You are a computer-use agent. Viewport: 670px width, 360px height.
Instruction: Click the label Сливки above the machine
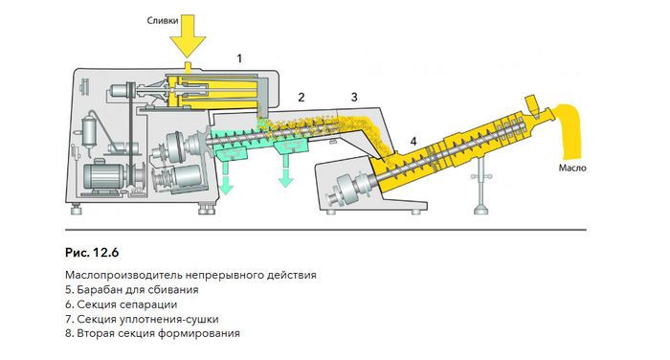tap(163, 20)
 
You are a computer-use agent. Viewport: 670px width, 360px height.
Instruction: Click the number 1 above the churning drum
tap(239, 58)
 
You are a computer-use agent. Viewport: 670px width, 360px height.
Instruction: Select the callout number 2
tap(301, 97)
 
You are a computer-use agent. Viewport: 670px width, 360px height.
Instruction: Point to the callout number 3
tap(354, 97)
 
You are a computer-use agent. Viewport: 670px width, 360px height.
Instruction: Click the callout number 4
tap(413, 141)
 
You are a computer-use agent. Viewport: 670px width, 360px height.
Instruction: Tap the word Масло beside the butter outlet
tap(572, 168)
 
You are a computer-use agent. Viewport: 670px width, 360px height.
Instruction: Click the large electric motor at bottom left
tap(103, 176)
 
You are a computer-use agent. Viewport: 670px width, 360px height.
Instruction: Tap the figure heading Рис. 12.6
tap(92, 253)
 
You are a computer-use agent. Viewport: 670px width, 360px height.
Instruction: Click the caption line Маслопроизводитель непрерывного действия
tap(190, 275)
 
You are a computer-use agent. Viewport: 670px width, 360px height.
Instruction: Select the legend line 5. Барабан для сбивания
tap(132, 290)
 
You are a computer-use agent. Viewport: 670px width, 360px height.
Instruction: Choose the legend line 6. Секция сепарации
tap(121, 304)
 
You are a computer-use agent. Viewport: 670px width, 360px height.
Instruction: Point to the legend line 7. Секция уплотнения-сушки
tap(142, 319)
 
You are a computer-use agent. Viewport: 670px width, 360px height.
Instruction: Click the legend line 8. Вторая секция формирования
tap(152, 333)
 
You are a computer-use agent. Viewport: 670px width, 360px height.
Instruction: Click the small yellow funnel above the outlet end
tap(532, 103)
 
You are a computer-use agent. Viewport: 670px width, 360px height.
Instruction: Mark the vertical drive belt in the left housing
tap(130, 137)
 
